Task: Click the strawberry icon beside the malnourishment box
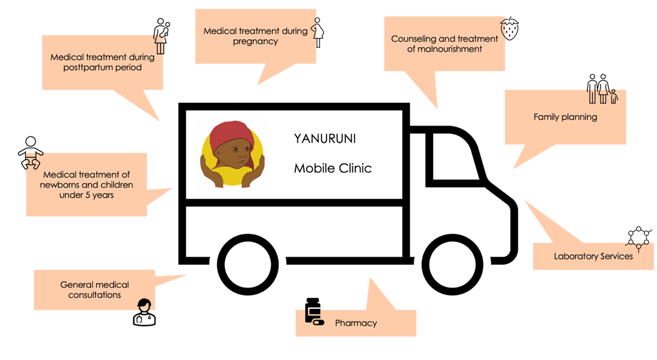pyautogui.click(x=509, y=29)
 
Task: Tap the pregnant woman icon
pyautogui.click(x=317, y=32)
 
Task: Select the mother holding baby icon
pyautogui.click(x=161, y=36)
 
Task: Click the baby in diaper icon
pyautogui.click(x=31, y=153)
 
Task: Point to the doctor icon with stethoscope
pyautogui.click(x=144, y=312)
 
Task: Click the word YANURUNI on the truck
pyautogui.click(x=324, y=139)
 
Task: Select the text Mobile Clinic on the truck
pyautogui.click(x=333, y=168)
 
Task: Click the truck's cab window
pyautogui.click(x=456, y=157)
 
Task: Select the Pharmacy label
pyautogui.click(x=356, y=323)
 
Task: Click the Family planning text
pyautogui.click(x=565, y=117)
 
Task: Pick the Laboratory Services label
pyautogui.click(x=593, y=256)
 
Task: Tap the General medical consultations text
pyautogui.click(x=94, y=290)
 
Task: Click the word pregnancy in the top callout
pyautogui.click(x=255, y=41)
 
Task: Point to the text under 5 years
pyautogui.click(x=86, y=194)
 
